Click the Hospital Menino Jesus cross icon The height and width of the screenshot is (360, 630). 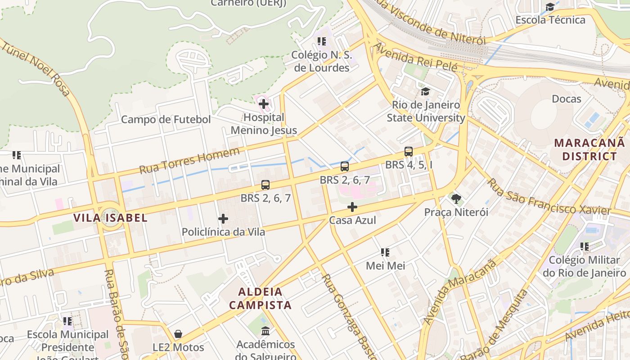pos(264,104)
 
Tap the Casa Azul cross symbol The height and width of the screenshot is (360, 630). pos(352,207)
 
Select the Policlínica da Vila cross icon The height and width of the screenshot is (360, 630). pos(223,219)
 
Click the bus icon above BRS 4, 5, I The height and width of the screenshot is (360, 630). pos(409,152)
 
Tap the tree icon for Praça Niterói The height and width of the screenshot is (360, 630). pos(456,198)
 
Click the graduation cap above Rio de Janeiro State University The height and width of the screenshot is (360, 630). pos(425,92)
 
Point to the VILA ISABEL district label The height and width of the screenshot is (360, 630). pos(110,218)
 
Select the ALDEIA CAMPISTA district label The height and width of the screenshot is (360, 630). pos(260,298)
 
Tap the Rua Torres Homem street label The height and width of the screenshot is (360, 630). pos(189,161)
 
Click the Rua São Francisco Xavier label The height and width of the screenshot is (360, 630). pos(549,197)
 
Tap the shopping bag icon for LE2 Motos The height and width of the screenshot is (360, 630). pos(178,334)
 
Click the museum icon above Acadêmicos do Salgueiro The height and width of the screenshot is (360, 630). pos(265,331)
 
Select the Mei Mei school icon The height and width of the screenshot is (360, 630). pos(385,252)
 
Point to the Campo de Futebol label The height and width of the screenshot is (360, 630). pos(166,120)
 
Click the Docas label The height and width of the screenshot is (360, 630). pos(566,99)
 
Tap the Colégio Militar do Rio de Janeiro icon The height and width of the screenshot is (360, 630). pos(585,247)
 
